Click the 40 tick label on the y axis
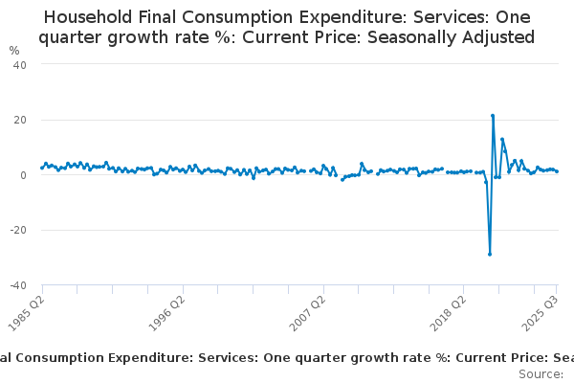click(20, 64)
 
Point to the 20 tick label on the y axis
click(20, 120)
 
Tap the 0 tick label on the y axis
click(22, 175)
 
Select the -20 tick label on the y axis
click(18, 231)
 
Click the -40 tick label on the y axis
click(18, 285)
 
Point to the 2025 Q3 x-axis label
click(541, 311)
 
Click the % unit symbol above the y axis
click(13, 50)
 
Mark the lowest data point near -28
click(489, 254)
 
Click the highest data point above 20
click(492, 116)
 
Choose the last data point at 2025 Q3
click(557, 171)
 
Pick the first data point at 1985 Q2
click(41, 168)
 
